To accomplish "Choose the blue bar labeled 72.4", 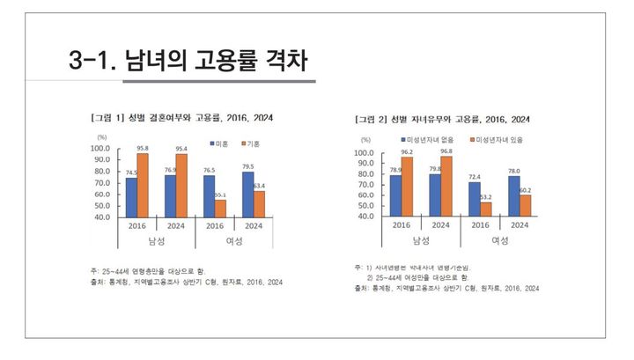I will click(475, 199).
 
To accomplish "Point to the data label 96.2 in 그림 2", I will click(407, 151).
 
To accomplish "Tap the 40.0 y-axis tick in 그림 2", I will click(365, 216).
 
